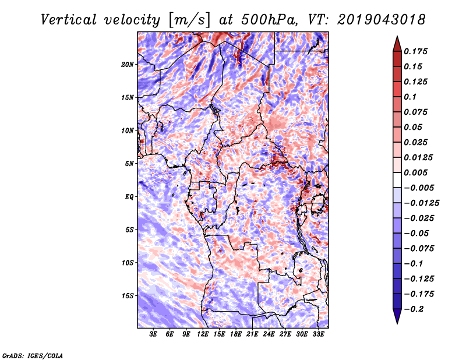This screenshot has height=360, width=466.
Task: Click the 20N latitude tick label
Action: click(128, 64)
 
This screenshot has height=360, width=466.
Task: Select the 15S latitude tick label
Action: click(128, 296)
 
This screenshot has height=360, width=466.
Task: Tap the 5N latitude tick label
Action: click(129, 164)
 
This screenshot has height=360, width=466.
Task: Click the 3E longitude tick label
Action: click(154, 335)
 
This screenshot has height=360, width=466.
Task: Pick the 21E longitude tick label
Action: click(252, 335)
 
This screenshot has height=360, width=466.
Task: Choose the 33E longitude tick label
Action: click(318, 335)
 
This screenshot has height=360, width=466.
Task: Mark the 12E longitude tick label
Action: click(203, 335)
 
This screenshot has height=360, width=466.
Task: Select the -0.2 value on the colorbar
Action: click(415, 309)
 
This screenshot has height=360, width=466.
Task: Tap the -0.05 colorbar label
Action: click(416, 233)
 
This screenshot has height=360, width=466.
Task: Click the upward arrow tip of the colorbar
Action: click(397, 38)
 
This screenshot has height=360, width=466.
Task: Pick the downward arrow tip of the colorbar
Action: click(397, 322)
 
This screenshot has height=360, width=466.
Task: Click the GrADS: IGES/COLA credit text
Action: click(32, 355)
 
